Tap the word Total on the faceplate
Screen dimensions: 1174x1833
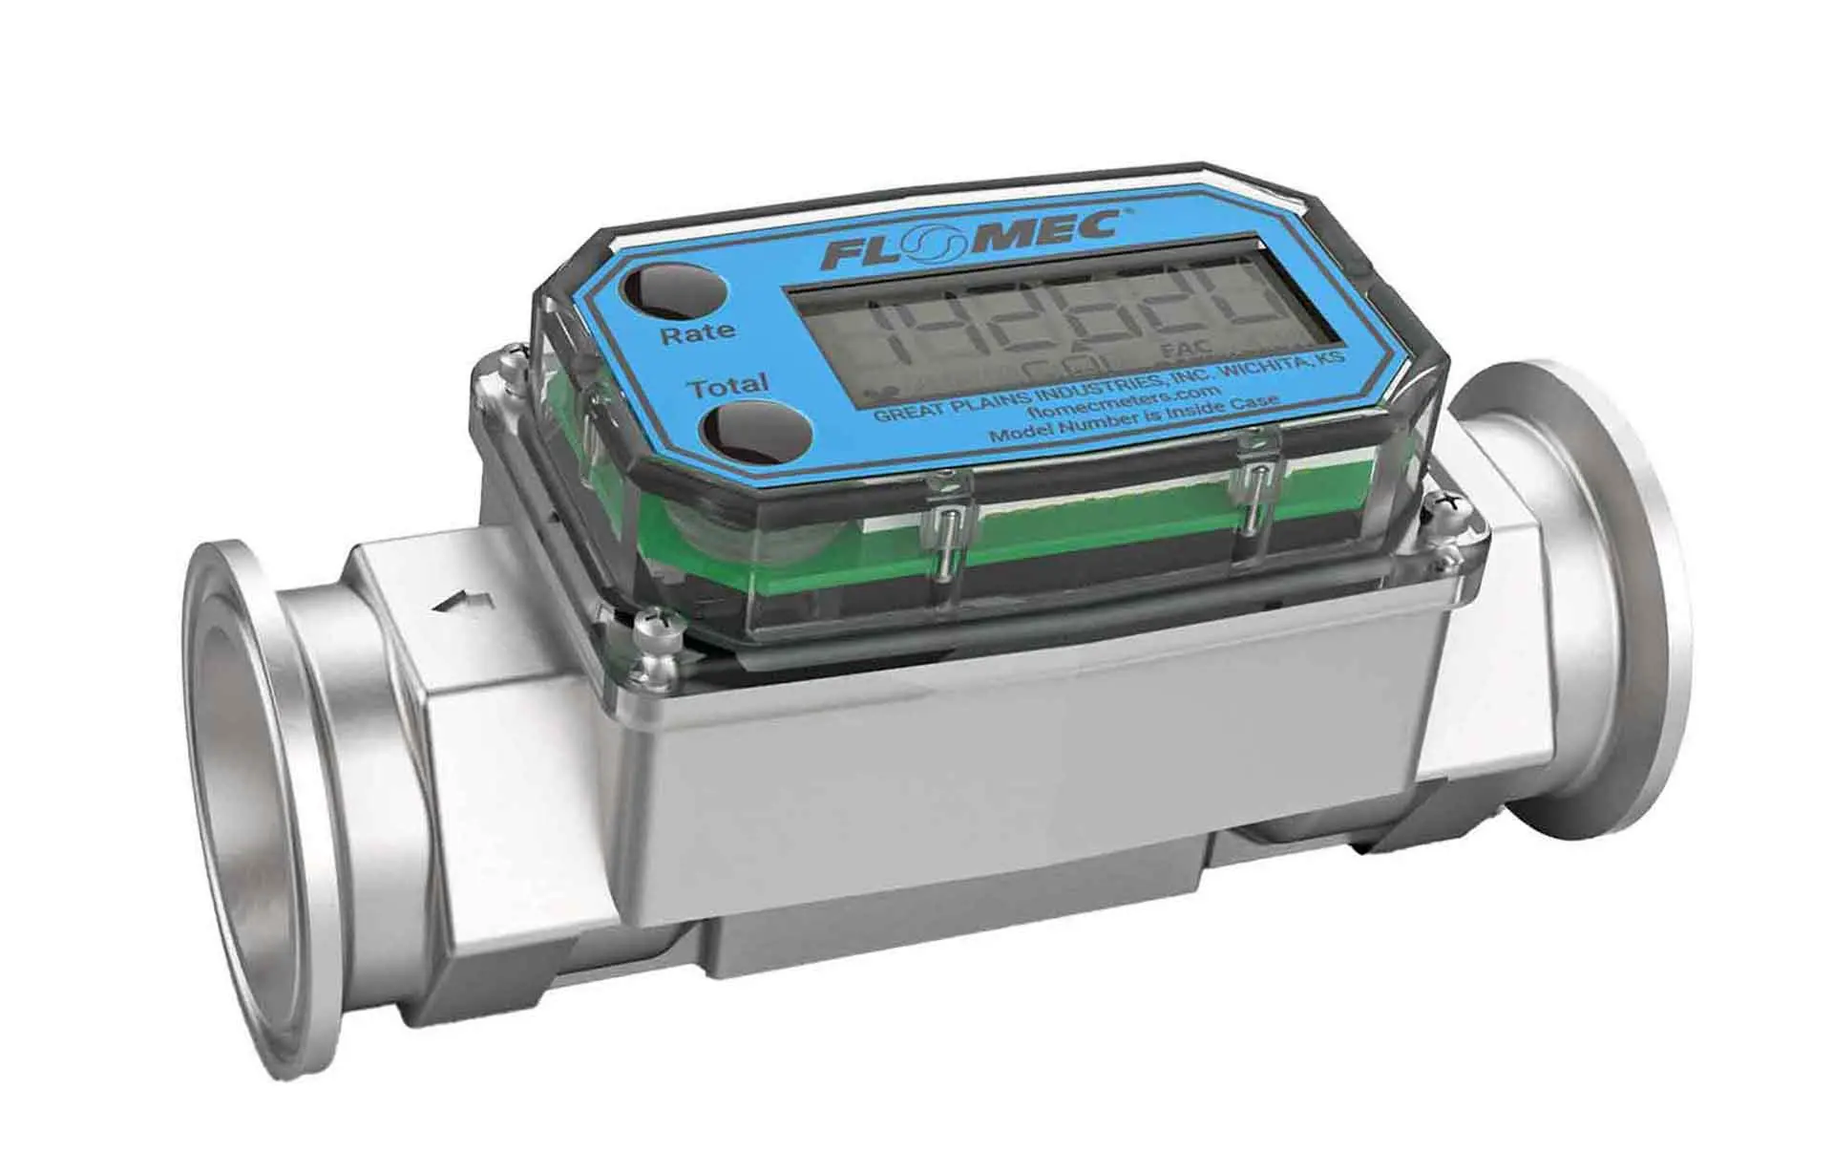(729, 387)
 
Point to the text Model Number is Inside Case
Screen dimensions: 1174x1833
(1133, 420)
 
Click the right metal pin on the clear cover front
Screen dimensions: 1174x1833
(1261, 498)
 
